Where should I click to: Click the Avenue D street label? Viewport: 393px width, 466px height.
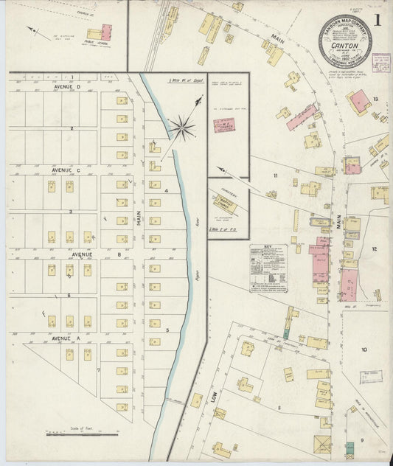67,86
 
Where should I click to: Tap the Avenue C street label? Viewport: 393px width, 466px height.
67,170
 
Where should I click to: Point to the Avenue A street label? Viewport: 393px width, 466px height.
66,338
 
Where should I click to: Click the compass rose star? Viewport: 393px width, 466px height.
181,129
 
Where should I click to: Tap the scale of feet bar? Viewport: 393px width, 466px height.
82,434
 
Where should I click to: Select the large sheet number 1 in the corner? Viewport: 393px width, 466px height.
378,20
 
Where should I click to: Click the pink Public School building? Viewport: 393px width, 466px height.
106,32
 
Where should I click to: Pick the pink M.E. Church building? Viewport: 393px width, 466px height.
224,125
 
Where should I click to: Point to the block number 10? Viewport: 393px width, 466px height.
364,349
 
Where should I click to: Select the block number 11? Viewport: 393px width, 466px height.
276,175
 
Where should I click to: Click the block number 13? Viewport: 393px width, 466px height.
375,99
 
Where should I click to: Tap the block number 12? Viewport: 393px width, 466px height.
374,249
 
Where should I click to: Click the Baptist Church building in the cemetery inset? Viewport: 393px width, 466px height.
225,204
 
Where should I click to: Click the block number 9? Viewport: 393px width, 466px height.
362,440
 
